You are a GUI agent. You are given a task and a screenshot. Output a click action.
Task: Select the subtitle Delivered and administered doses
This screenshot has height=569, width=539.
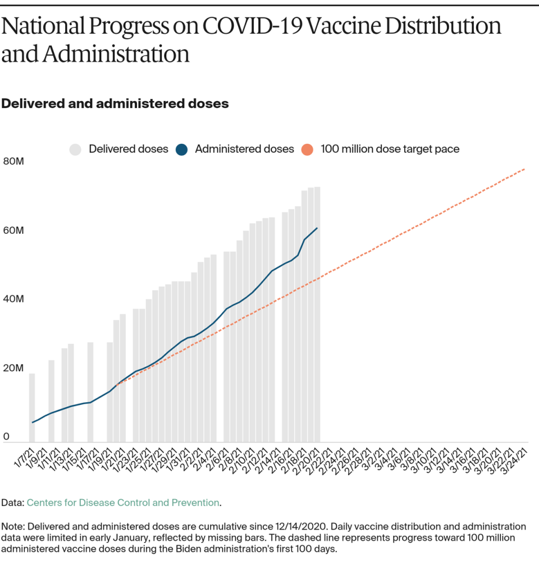point(115,103)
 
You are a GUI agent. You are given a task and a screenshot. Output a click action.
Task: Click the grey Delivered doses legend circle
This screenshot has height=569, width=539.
point(76,149)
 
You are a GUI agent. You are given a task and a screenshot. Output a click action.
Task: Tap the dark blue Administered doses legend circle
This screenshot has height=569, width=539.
point(181,149)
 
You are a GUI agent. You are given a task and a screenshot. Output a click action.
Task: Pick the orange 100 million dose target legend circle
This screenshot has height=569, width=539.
point(307,149)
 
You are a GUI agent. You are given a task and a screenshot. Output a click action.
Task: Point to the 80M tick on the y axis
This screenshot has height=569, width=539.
point(13,162)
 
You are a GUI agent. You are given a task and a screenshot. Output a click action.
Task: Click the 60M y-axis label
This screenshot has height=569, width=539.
point(13,230)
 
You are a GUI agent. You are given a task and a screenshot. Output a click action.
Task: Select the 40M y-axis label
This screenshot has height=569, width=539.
point(13,299)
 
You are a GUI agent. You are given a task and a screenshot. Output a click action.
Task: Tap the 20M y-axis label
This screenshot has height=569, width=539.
point(13,368)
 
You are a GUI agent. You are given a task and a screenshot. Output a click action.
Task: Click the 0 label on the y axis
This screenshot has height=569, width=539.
point(7,436)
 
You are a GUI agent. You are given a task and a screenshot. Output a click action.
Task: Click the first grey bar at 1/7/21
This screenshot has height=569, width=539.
point(32,408)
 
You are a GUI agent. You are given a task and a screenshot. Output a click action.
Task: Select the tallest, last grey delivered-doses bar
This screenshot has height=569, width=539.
point(317,315)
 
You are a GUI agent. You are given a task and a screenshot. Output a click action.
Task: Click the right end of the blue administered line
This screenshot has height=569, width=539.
point(317,228)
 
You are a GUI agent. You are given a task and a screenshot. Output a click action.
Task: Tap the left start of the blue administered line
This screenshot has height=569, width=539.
point(33,422)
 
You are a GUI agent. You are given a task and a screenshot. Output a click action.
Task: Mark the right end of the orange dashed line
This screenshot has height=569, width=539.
point(525,169)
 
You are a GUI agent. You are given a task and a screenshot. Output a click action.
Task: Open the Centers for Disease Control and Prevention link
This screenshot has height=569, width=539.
point(123,503)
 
